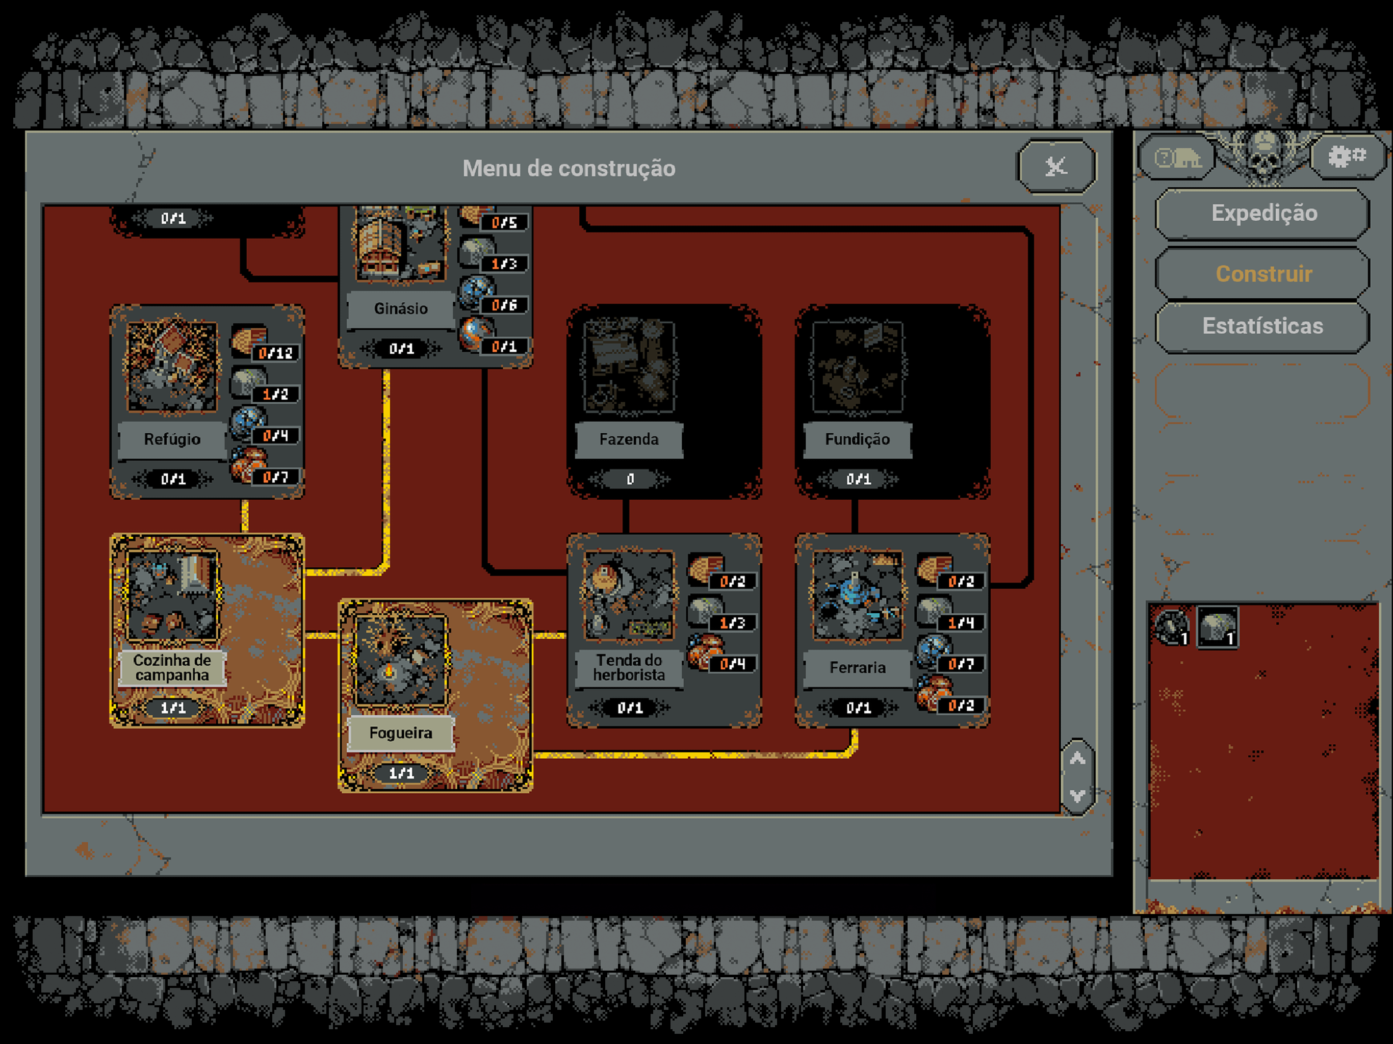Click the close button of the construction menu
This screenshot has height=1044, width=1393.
[1056, 166]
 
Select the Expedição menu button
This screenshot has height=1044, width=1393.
[1263, 214]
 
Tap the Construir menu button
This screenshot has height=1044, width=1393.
[1263, 274]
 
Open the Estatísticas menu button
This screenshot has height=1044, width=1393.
[1263, 326]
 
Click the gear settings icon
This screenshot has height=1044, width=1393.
[1347, 155]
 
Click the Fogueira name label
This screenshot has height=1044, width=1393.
[401, 733]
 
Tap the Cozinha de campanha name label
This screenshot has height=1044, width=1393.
[172, 667]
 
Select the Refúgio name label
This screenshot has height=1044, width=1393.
[172, 439]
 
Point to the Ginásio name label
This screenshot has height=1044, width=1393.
[401, 308]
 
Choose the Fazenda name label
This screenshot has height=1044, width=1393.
[629, 439]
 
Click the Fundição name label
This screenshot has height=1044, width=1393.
[858, 439]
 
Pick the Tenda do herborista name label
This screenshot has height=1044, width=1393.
[629, 667]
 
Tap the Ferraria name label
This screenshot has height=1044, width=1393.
[858, 667]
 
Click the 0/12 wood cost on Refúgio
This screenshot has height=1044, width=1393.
[276, 353]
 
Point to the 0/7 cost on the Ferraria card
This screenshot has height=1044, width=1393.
[961, 664]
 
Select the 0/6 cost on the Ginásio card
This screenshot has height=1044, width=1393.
[504, 305]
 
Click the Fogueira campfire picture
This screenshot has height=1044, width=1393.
[401, 661]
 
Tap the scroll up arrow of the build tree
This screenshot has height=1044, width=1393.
[1077, 759]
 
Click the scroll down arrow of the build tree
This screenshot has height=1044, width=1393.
[1077, 796]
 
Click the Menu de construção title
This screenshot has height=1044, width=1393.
[569, 168]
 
